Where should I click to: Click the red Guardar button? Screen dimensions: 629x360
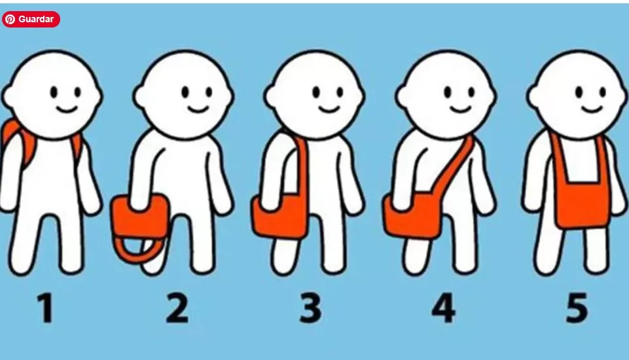coord(31,19)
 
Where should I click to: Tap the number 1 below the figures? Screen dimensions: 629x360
coord(46,308)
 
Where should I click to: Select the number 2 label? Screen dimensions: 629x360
coord(177,308)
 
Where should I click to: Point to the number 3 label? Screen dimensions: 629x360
coord(310,308)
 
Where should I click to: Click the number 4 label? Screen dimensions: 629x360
coord(443,308)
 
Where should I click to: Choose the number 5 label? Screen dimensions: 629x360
coord(577,308)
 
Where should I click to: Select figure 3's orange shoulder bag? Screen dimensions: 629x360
coord(279,217)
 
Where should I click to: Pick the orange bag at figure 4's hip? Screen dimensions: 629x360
coord(411,217)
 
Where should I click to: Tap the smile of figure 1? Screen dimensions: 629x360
coord(66,109)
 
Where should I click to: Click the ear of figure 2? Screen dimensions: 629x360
coord(139,96)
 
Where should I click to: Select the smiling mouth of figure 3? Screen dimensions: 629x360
coord(330,109)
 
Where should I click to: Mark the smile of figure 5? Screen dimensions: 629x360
coord(592,109)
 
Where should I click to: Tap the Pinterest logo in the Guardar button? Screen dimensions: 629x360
coord(10,19)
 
